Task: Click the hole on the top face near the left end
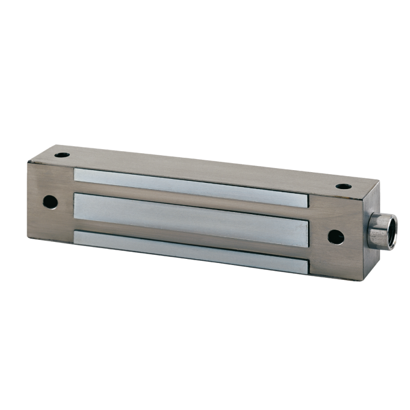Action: pos(62,154)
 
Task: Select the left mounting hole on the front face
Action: pos(50,201)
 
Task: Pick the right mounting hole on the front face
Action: pos(336,237)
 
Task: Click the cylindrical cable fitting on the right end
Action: pos(382,231)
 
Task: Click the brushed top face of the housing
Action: pos(205,164)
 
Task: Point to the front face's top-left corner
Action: pos(28,162)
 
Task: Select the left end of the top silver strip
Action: pos(77,174)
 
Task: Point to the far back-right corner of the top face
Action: pos(379,180)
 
